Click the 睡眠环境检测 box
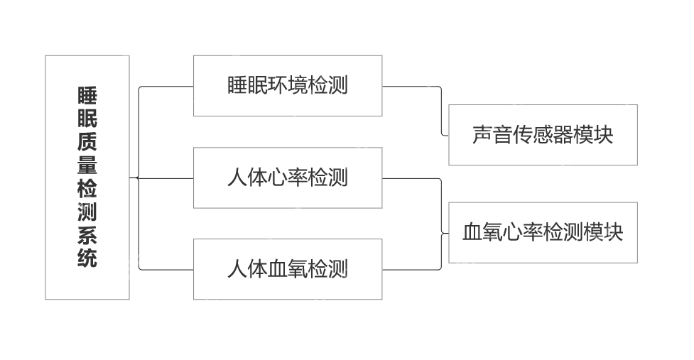[287, 86]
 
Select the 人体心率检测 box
[287, 178]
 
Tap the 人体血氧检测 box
[287, 269]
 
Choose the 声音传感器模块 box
[543, 135]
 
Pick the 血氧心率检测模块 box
[543, 232]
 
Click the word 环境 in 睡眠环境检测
[287, 86]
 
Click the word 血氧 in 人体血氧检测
[287, 269]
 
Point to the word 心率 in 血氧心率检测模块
[523, 232]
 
